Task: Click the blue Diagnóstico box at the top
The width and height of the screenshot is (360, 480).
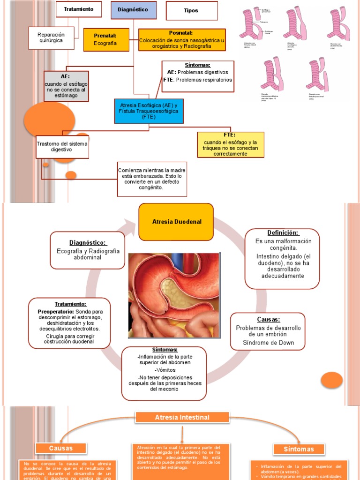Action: pyautogui.click(x=134, y=10)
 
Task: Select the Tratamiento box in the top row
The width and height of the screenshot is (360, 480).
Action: pyautogui.click(x=78, y=10)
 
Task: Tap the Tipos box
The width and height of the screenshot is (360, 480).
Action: pyautogui.click(x=192, y=11)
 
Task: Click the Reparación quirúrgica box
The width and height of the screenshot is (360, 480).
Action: pyautogui.click(x=51, y=38)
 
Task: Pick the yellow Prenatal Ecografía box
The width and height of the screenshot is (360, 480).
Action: pyautogui.click(x=106, y=39)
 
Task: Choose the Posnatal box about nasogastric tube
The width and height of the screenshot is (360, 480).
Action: pyautogui.click(x=181, y=39)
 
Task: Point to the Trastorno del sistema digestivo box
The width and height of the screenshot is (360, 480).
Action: pyautogui.click(x=62, y=146)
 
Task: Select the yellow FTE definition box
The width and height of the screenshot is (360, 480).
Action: pyautogui.click(x=230, y=144)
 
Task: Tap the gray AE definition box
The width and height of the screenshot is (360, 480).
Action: pyautogui.click(x=66, y=86)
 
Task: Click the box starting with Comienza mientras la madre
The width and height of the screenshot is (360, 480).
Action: pyautogui.click(x=152, y=179)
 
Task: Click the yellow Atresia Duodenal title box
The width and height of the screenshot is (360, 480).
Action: pyautogui.click(x=176, y=222)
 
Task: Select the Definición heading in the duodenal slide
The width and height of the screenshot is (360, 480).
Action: pyautogui.click(x=283, y=233)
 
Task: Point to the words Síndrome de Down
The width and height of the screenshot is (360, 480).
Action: pyautogui.click(x=268, y=343)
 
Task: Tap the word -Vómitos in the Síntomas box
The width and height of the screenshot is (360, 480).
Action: pyautogui.click(x=164, y=370)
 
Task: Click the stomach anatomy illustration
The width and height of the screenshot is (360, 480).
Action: pyautogui.click(x=174, y=295)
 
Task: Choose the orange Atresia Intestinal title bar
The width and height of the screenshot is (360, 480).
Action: pyautogui.click(x=183, y=417)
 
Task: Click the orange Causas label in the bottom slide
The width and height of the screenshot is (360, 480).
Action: pyautogui.click(x=61, y=449)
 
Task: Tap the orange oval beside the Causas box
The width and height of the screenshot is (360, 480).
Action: pyautogui.click(x=332, y=380)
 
